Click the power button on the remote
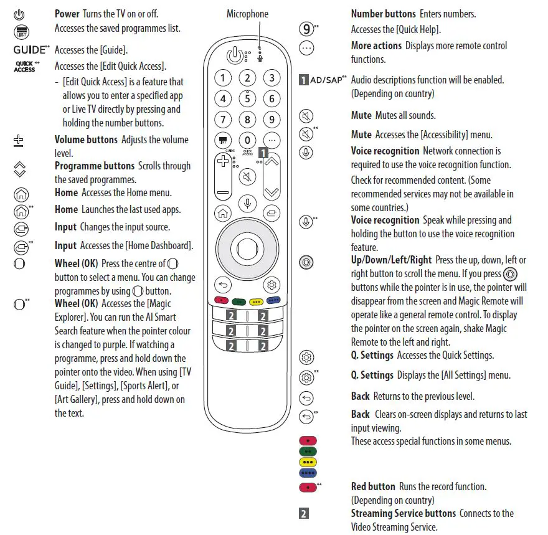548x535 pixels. tap(234, 55)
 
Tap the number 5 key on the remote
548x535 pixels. tap(247, 98)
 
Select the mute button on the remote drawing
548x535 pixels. tap(247, 176)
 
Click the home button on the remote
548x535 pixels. tap(222, 213)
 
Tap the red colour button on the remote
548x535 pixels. tap(220, 301)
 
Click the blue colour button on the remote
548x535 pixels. tap(273, 301)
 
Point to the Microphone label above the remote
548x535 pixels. tap(247, 14)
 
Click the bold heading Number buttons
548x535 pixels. tap(383, 14)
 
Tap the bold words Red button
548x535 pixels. tap(373, 486)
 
